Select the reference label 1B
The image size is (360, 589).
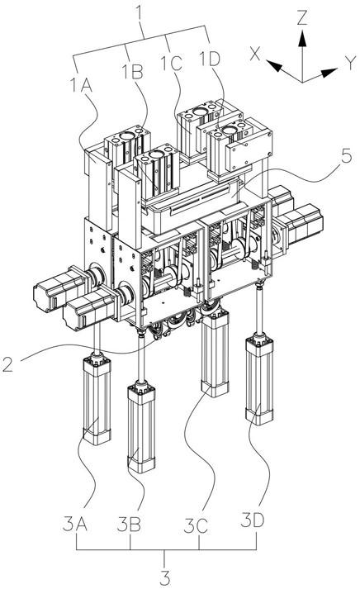pos(132,72)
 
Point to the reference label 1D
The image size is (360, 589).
pos(210,59)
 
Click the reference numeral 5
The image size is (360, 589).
pos(346,156)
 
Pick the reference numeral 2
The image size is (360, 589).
pos(8,364)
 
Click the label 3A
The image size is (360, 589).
pos(75,524)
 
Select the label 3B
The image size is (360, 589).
pos(129,524)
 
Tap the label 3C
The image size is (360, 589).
pos(196,525)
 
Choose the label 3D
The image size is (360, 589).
pos(253,520)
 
